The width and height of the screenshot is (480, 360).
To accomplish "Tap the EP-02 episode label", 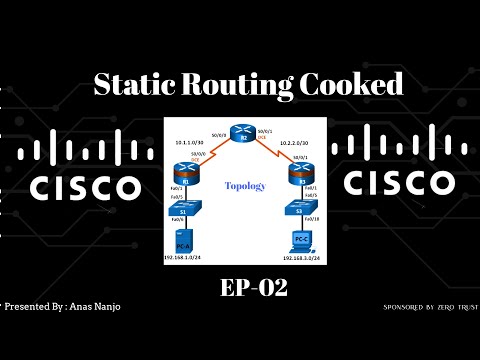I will [x=252, y=289].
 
